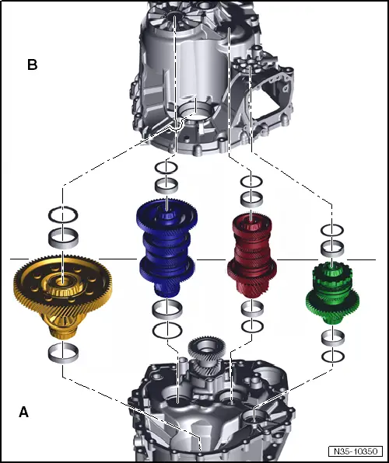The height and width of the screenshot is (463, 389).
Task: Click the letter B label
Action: pos(32,65)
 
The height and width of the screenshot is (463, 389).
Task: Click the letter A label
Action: pos(23,413)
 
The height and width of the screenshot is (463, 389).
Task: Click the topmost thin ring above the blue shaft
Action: pos(166,167)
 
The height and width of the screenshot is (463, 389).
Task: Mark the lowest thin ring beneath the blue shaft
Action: pos(166,329)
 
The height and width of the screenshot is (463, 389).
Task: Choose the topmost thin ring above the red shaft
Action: pos(251,182)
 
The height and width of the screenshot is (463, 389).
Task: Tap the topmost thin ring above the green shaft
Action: pos(332,230)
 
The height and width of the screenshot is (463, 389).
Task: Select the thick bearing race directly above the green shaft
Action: pos(332,248)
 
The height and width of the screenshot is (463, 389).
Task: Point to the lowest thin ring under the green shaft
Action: pos(332,355)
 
